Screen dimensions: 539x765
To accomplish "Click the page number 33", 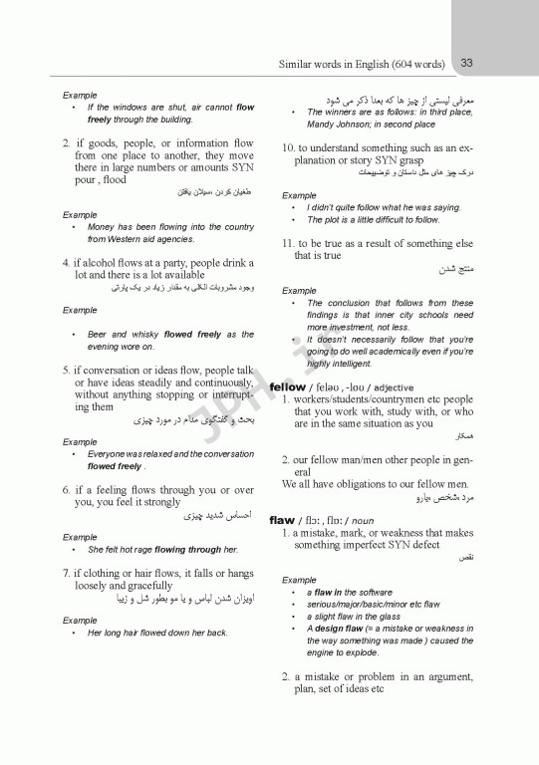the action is pos(466,64).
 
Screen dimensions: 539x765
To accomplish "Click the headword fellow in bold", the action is pos(288,386).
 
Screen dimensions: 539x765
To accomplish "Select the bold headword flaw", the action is pos(283,520).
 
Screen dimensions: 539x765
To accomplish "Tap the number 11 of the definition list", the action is pos(288,244).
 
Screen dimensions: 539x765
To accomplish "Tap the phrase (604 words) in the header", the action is pos(416,65).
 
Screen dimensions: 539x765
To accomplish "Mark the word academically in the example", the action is pos(385,352).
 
